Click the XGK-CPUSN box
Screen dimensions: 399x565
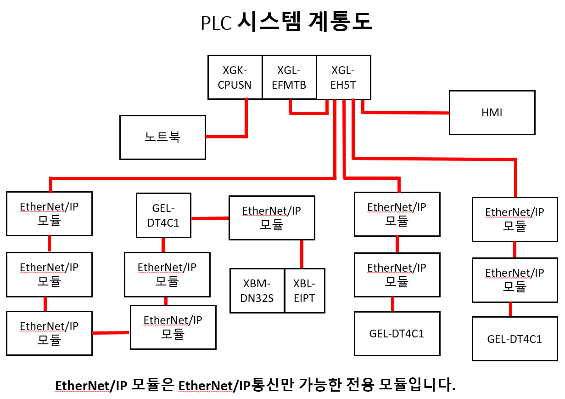(235, 77)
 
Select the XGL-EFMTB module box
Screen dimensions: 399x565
(289, 77)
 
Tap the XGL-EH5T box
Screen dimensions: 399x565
(343, 77)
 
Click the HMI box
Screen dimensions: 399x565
(492, 113)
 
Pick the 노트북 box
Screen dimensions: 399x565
(162, 137)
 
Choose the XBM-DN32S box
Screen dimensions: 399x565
(257, 291)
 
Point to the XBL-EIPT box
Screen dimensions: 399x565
(304, 291)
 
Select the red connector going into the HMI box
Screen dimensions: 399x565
(406, 112)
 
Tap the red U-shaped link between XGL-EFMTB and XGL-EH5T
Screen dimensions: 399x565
(308, 113)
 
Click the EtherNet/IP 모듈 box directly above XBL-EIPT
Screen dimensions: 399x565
(272, 218)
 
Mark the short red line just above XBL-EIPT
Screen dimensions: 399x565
(302, 254)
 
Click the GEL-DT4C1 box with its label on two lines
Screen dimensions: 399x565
(163, 215)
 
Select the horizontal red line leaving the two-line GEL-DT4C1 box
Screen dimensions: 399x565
(210, 218)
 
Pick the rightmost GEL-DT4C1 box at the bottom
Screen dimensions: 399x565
(515, 339)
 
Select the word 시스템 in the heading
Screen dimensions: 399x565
(268, 22)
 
